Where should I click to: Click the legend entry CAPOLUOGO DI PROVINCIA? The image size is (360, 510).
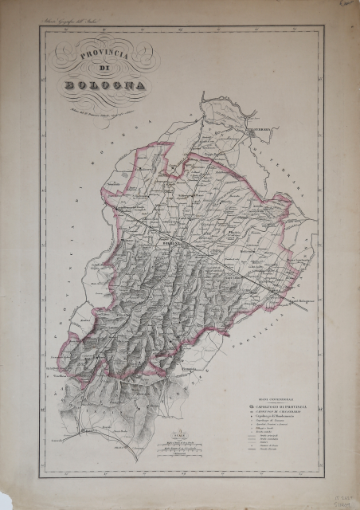tap(279, 406)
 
